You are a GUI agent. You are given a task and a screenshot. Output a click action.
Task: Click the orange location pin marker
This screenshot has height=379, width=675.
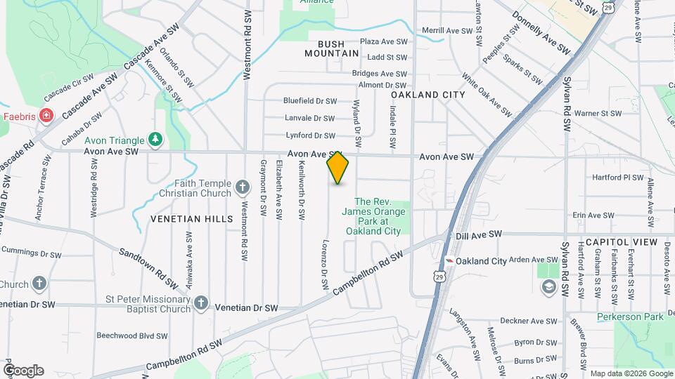pyautogui.click(x=337, y=168)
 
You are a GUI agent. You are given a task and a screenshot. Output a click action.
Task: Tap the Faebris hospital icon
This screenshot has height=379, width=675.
pyautogui.click(x=46, y=115)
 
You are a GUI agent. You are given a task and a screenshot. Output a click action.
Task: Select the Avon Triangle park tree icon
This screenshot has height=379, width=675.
pyautogui.click(x=155, y=140)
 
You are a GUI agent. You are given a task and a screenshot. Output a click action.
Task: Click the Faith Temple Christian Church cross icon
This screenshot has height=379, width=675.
pyautogui.click(x=243, y=187)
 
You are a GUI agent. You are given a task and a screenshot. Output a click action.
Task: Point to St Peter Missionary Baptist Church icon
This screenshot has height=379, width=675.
pyautogui.click(x=201, y=302)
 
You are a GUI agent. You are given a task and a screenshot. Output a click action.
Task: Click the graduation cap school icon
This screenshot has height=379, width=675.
pyautogui.click(x=548, y=286)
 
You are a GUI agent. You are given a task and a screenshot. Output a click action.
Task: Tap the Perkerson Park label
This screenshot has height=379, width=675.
pyautogui.click(x=630, y=317)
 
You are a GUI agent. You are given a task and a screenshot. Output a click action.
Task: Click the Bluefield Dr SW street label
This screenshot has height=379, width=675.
pyautogui.click(x=310, y=101)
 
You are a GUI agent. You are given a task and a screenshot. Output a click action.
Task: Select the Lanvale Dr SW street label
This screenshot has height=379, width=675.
pyautogui.click(x=309, y=118)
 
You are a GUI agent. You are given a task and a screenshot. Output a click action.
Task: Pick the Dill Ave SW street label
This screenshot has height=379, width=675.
pyautogui.click(x=479, y=234)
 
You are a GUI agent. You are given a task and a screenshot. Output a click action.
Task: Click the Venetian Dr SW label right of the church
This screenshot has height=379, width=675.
pyautogui.click(x=246, y=307)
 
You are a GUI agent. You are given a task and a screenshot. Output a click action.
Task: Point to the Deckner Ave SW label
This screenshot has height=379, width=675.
pyautogui.click(x=533, y=321)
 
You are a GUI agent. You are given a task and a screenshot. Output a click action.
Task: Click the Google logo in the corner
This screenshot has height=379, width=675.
pyautogui.click(x=23, y=371)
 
